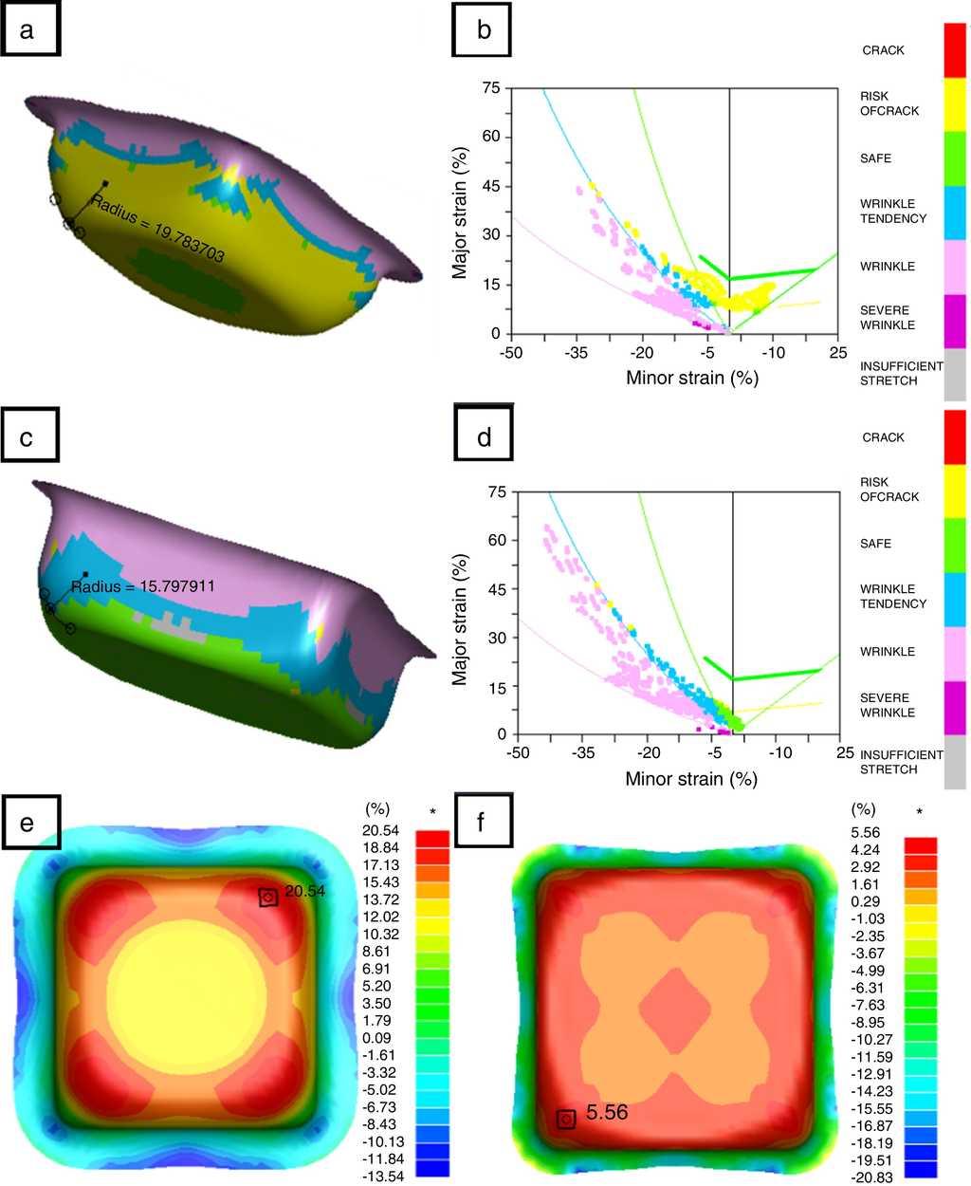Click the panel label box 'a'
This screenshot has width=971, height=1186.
point(31,31)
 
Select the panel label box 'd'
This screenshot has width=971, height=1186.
point(484,439)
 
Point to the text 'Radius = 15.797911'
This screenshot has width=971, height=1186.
point(143,586)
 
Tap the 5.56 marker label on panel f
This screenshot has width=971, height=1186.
point(607,1112)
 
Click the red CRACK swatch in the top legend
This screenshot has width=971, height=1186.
point(955,50)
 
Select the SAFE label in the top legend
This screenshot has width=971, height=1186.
point(875,158)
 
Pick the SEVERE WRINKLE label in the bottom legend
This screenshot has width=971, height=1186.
point(888,705)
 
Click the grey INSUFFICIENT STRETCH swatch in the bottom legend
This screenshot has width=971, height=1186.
point(955,761)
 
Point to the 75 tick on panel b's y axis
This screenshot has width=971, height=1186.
point(490,88)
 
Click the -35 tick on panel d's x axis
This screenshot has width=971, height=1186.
point(583,752)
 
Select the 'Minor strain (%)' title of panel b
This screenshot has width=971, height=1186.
point(692,378)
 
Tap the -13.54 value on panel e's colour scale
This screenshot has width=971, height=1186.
point(385,1176)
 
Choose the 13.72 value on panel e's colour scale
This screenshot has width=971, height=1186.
point(385,899)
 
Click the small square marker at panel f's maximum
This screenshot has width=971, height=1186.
point(565,1120)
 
